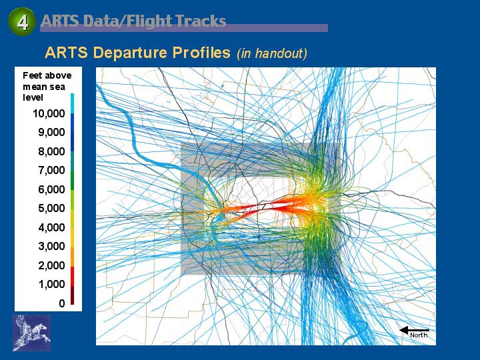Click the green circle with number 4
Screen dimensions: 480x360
tap(22, 21)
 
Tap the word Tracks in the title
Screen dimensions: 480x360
tap(201, 21)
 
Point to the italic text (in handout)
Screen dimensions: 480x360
tap(272, 53)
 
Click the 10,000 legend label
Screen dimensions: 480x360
tap(49, 113)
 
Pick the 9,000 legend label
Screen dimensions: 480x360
tap(51, 132)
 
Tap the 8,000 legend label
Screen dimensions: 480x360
tap(51, 151)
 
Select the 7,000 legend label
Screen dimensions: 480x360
tap(51, 170)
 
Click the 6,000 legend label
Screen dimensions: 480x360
tap(51, 189)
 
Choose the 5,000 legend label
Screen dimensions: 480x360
tap(51, 208)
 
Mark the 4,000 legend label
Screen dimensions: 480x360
tap(51, 227)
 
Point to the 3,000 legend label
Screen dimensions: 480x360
tap(51, 246)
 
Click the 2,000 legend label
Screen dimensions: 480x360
tap(51, 265)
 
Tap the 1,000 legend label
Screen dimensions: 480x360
tap(51, 284)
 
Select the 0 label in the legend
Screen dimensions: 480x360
tap(62, 303)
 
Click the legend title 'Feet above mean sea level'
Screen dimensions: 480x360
tap(47, 86)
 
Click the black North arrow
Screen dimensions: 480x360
tap(414, 330)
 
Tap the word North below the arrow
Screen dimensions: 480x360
tap(419, 335)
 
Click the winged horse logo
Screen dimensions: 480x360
tap(32, 333)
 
